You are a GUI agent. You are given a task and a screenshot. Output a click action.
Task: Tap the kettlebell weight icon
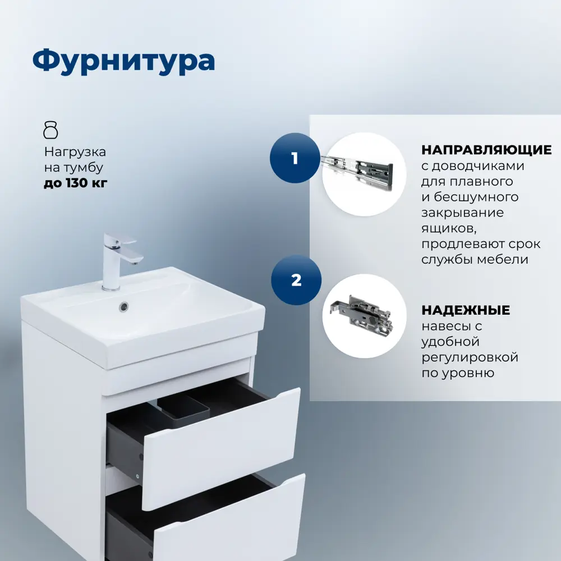pos(50,130)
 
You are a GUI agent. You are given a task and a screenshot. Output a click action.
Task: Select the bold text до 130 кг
pos(76,183)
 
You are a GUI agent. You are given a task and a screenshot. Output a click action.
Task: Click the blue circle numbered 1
pos(295,158)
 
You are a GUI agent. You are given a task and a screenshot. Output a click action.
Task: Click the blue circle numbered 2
pos(296,280)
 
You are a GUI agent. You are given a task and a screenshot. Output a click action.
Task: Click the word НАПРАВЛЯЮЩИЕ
pos(486,150)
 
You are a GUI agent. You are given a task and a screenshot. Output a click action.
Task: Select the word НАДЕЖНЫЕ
pos(466,310)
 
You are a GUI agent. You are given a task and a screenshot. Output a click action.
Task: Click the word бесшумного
pos(476,197)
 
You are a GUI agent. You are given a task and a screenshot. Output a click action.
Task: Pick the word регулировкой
pos(470,357)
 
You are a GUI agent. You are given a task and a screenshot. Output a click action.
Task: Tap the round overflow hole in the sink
pos(124,306)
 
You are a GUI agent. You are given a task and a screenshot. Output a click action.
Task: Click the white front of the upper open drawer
pos(222,449)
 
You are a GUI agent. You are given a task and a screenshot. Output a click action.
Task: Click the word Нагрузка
pos(75,152)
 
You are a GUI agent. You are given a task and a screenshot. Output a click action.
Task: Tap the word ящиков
pos(449,229)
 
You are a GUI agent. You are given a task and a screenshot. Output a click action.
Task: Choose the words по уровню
pos(458,373)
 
